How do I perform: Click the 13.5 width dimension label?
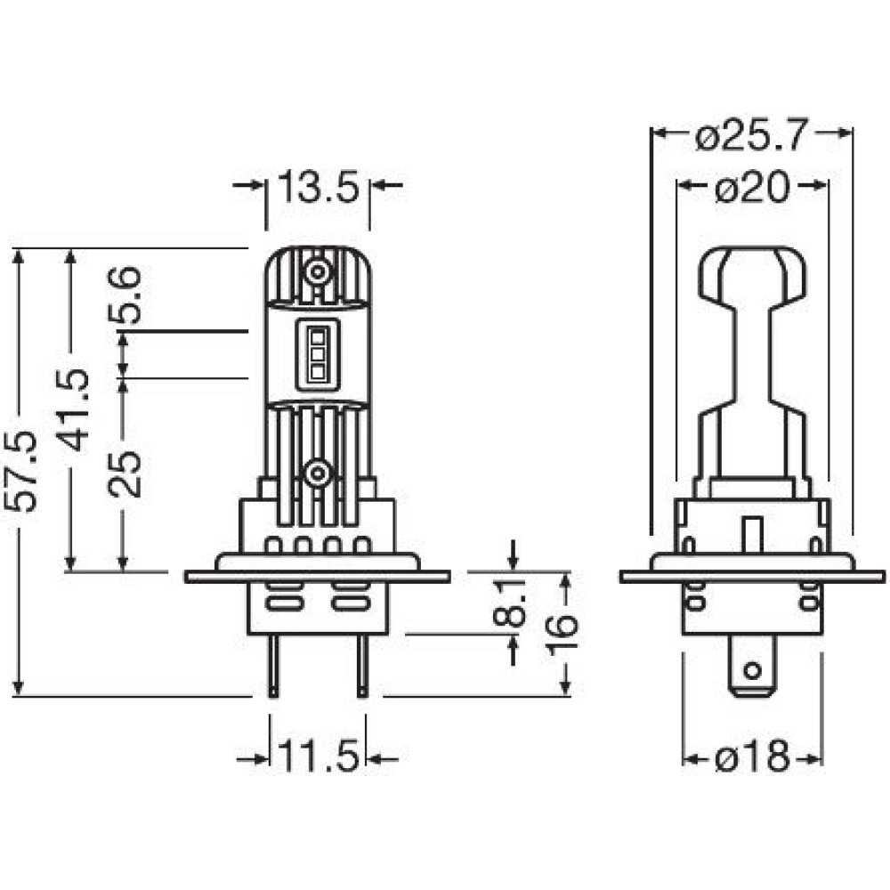point(319,187)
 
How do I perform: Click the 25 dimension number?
point(125,474)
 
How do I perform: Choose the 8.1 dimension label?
point(509,603)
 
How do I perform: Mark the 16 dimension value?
point(562,634)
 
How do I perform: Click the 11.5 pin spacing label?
point(319,756)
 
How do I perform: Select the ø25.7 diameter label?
point(750,135)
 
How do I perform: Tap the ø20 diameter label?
point(751,187)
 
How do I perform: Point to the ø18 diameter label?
point(752,756)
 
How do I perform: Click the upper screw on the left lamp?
point(318,272)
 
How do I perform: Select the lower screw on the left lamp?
point(318,473)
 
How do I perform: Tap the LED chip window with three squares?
point(318,354)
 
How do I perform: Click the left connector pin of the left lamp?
point(273,666)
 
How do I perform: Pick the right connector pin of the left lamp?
point(362,666)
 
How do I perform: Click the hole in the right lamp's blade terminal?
point(752,671)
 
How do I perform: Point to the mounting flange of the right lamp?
point(753,577)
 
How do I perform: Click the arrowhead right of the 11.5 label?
point(375,759)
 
